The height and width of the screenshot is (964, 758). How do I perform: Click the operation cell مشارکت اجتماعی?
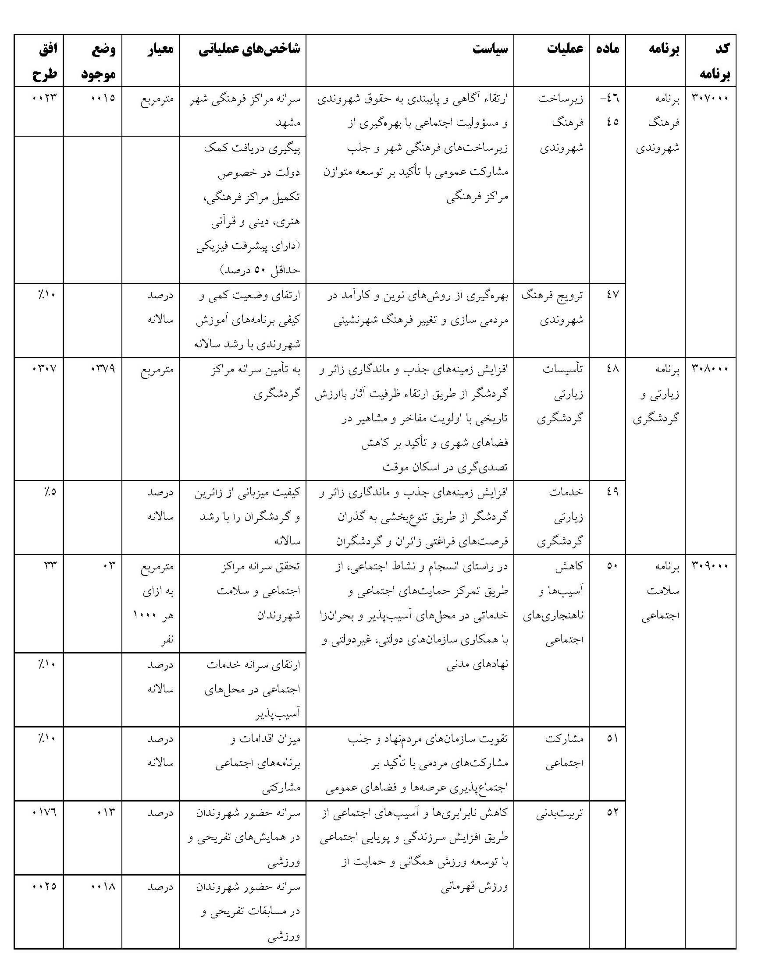point(563,751)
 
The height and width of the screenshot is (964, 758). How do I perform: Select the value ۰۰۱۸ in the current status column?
point(103,886)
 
